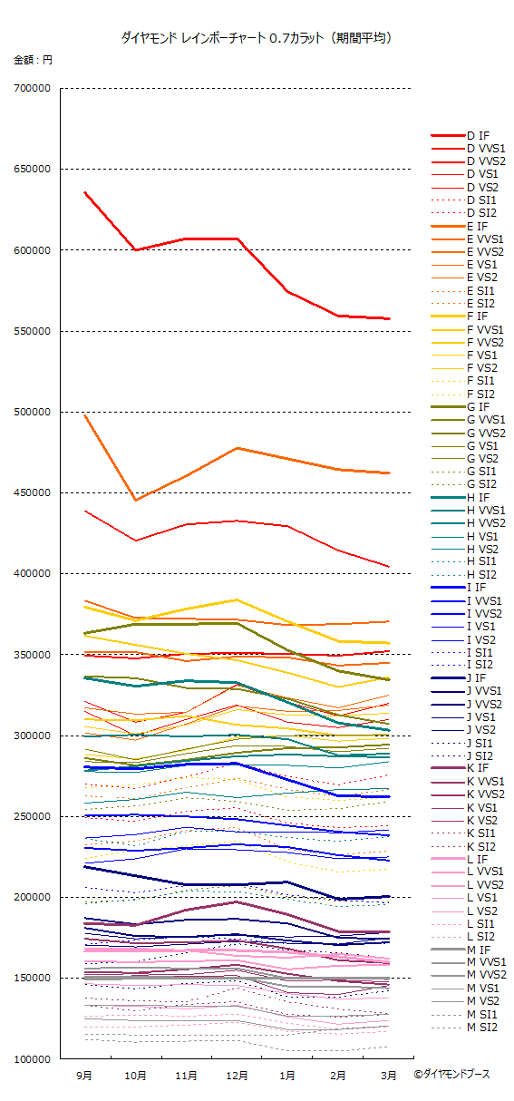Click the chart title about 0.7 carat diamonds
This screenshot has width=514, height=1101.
256,38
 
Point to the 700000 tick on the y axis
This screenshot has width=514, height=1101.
32,89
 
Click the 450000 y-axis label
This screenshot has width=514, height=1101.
32,492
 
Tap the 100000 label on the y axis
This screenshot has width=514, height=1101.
32,1059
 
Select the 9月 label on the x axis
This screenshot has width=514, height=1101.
84,1076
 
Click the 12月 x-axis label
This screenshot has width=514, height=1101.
237,1076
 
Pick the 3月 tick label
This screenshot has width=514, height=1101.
388,1076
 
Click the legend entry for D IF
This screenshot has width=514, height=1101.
478,136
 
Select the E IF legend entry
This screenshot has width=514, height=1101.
477,226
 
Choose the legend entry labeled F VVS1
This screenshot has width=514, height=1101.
485,329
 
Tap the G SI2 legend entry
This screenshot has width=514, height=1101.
481,484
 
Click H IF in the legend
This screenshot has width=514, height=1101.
478,497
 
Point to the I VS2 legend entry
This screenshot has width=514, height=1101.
481,639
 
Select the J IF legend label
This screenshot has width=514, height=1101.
476,677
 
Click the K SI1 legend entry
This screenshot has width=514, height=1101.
481,833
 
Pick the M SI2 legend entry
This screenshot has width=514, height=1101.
482,1027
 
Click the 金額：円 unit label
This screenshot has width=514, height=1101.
33,60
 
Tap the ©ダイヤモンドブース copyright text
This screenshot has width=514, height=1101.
452,1075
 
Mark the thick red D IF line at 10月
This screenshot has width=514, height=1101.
135,249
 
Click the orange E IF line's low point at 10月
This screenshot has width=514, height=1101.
135,500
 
